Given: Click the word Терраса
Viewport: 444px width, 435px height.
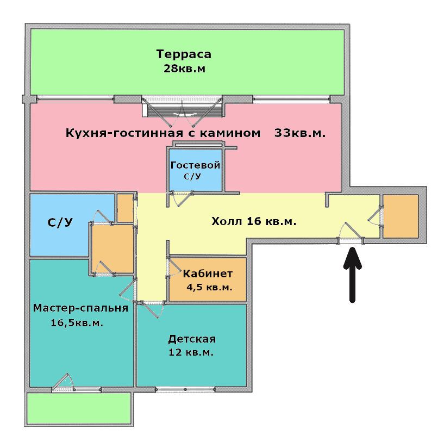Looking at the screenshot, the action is click(184, 54).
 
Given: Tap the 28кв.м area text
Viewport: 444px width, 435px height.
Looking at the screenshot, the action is click(184, 69).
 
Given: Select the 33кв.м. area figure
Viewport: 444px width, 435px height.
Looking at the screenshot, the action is click(300, 133).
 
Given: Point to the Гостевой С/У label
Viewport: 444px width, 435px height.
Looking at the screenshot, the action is click(195, 170).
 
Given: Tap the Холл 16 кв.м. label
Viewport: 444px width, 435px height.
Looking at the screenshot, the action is click(254, 221).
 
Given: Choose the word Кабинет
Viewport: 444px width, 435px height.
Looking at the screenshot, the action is click(208, 274).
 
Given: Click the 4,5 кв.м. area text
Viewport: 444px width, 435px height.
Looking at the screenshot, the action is click(210, 287).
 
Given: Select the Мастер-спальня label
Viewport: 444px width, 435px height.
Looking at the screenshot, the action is click(80, 308).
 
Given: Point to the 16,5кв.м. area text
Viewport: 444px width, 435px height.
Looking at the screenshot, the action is click(77, 323).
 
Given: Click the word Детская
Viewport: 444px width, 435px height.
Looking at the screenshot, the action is click(192, 339).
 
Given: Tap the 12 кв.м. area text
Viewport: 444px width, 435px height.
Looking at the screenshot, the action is click(191, 352).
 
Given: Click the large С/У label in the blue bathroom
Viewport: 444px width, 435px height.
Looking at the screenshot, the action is click(60, 222).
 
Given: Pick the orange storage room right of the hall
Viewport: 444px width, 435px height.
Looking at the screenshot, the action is click(401, 216).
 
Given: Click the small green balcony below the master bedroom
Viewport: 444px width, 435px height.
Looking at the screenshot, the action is click(79, 408).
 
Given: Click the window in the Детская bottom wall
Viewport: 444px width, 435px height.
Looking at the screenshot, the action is click(185, 389).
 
